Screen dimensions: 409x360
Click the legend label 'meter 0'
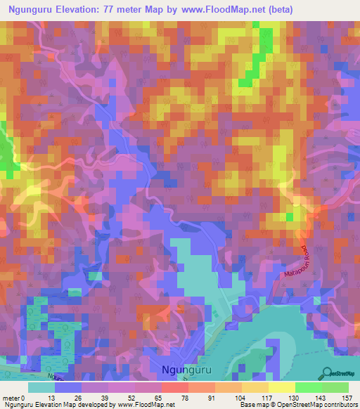click(x=15, y=397)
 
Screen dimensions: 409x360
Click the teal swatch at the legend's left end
click(x=41, y=387)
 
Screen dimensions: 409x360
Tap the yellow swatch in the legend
click(x=281, y=387)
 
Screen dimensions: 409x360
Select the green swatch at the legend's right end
click(x=335, y=387)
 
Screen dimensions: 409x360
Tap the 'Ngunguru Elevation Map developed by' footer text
click(x=53, y=405)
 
